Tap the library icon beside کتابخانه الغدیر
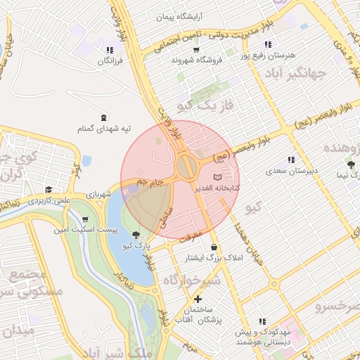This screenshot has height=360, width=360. tap(217, 176)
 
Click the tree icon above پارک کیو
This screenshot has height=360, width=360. tap(134, 236)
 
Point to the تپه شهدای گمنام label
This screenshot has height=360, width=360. tap(105, 129)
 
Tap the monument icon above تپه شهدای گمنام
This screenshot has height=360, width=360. tap(105, 117)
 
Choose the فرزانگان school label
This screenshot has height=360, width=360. tap(109, 62)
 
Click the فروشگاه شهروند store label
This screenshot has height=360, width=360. tap(196, 60)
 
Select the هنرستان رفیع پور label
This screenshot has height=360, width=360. tap(268, 54)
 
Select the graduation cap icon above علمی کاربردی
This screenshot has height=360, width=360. tap(49, 189)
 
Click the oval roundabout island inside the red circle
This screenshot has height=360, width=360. tap(187, 167)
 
